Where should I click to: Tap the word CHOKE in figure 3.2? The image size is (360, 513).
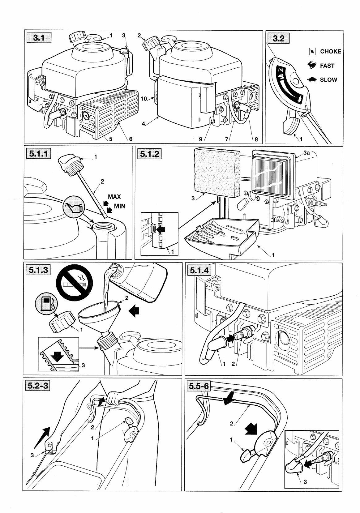(330, 52)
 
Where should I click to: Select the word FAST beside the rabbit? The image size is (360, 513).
(327, 66)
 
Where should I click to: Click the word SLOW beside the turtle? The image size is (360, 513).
(328, 80)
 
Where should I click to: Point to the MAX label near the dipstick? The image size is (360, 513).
(114, 197)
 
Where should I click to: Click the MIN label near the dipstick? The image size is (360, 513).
(119, 206)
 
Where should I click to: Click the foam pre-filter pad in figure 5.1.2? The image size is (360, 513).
(217, 172)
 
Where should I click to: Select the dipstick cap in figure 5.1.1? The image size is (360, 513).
(70, 163)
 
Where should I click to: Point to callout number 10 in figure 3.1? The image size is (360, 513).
(144, 99)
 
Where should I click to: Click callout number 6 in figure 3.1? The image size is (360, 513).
(131, 139)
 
